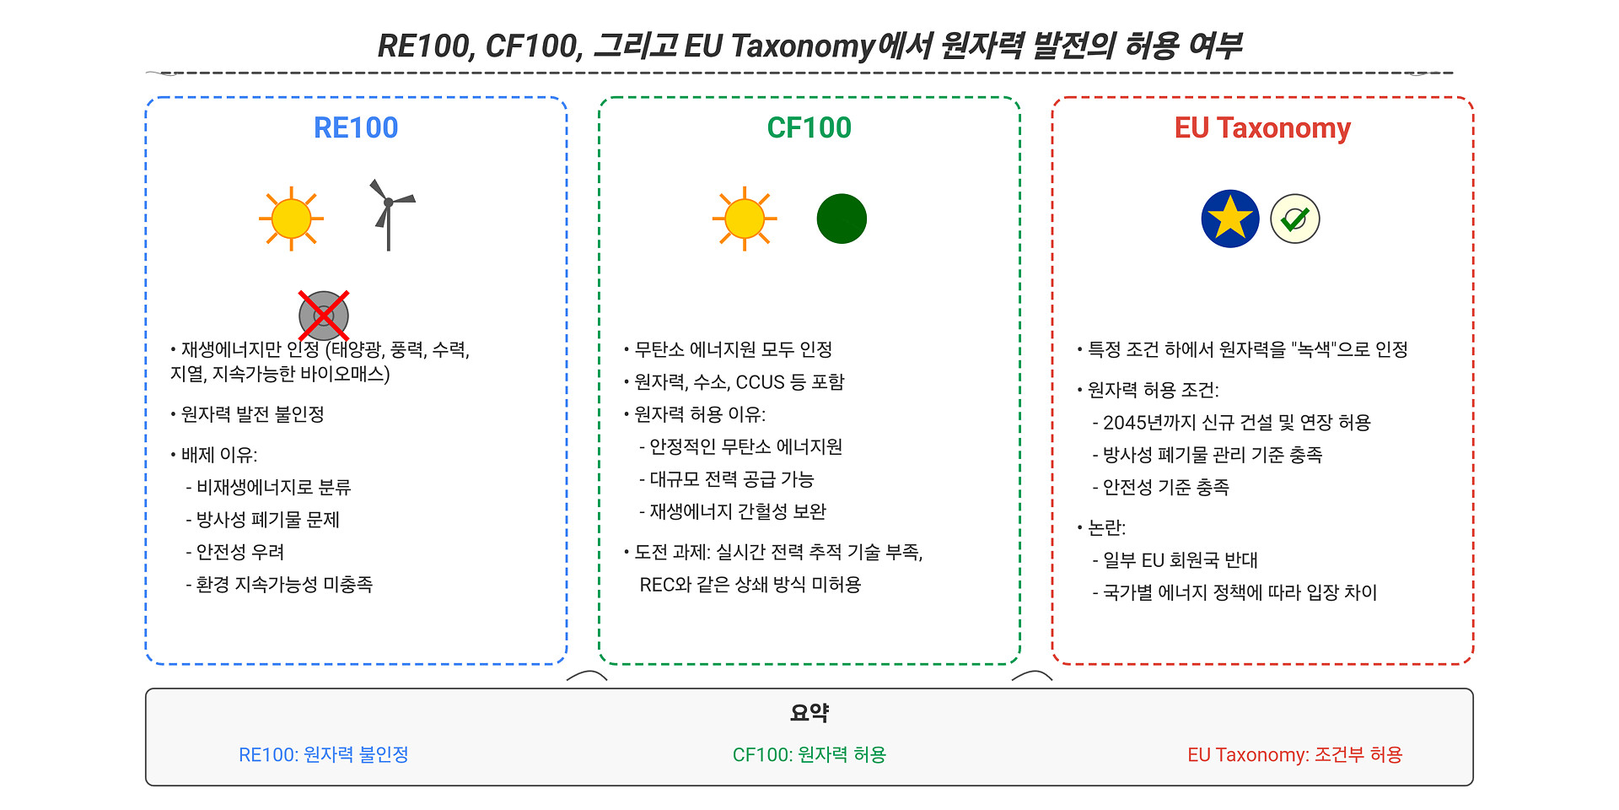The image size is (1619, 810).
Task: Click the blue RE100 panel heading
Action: pyautogui.click(x=356, y=127)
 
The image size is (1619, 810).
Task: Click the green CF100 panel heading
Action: pyautogui.click(x=809, y=127)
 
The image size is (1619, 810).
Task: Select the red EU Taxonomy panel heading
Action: pyautogui.click(x=1262, y=128)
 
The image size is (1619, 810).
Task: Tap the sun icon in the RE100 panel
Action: pyautogui.click(x=292, y=219)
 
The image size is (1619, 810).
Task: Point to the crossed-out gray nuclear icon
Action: pyautogui.click(x=324, y=316)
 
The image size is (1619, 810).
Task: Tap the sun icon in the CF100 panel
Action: pyautogui.click(x=745, y=219)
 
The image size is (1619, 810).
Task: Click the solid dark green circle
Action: pyautogui.click(x=842, y=219)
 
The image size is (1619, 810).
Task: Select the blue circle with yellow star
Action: pyautogui.click(x=1230, y=219)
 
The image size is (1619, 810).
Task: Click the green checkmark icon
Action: pyautogui.click(x=1295, y=219)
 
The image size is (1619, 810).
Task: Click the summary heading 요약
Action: pyautogui.click(x=809, y=713)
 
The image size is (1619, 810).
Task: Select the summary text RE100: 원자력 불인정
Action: pyautogui.click(x=324, y=754)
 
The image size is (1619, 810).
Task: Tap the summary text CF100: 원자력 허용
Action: pyautogui.click(x=809, y=754)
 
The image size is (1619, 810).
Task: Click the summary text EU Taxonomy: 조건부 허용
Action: pyautogui.click(x=1295, y=754)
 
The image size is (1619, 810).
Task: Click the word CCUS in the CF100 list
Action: pyautogui.click(x=761, y=382)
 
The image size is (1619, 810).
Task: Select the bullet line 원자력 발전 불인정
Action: pyautogui.click(x=253, y=414)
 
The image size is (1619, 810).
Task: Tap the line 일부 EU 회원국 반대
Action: pyautogui.click(x=1181, y=560)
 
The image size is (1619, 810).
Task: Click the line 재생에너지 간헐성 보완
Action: pyautogui.click(x=738, y=511)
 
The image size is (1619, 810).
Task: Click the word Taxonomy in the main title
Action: pyautogui.click(x=802, y=46)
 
